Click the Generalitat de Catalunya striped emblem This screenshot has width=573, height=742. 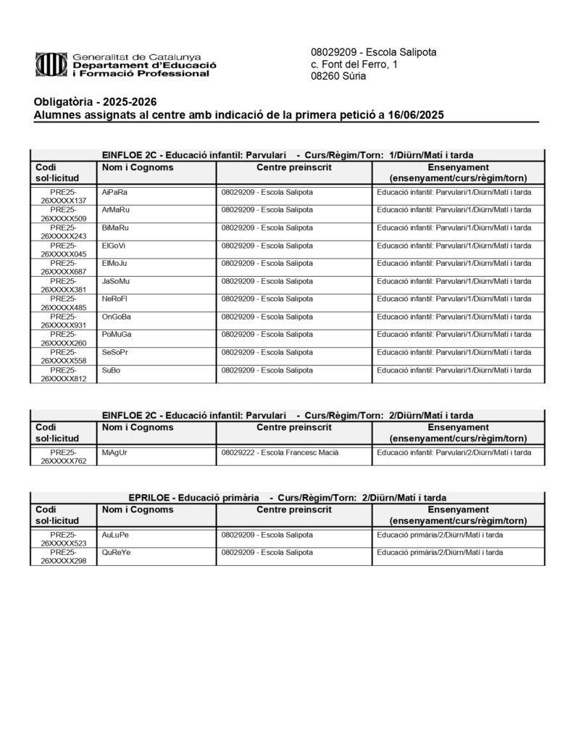pos(51,65)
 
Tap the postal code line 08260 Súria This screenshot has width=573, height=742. pos(338,76)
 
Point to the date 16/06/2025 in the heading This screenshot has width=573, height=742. pos(415,114)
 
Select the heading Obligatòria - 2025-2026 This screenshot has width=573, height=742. pos(95,101)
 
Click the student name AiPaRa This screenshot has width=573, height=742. pos(115,192)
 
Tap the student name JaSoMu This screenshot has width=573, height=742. pos(117,281)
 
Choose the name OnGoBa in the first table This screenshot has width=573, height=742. pos(117,317)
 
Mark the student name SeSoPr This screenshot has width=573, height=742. pos(116,352)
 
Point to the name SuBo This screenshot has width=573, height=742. pos(112,370)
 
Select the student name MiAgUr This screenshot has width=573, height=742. pos(115,452)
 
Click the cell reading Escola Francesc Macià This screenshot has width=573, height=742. pos(290,452)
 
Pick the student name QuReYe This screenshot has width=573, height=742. pos(116,552)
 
